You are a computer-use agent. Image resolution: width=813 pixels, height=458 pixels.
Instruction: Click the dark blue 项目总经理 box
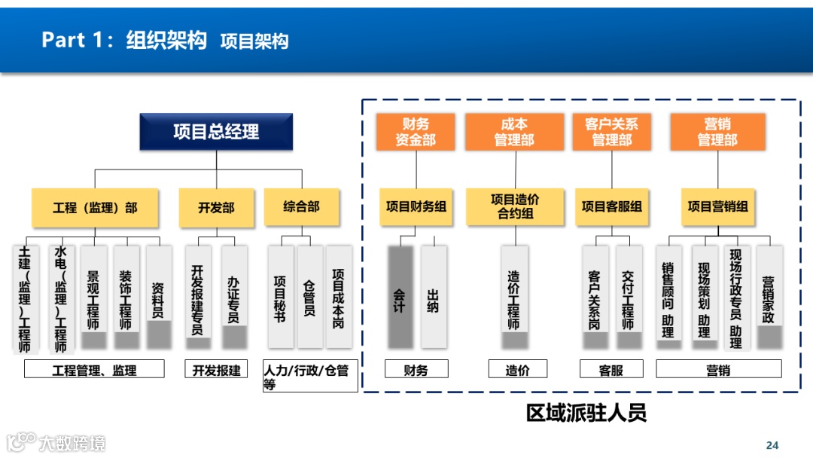pyautogui.click(x=216, y=132)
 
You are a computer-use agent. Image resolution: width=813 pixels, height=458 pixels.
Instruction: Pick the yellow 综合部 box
pyautogui.click(x=301, y=207)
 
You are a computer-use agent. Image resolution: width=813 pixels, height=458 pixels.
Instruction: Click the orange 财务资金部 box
pyautogui.click(x=416, y=132)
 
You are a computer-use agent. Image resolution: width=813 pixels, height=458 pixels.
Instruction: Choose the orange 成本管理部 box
pyautogui.click(x=514, y=132)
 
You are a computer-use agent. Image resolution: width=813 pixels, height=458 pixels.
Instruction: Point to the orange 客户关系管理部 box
pyautogui.click(x=611, y=132)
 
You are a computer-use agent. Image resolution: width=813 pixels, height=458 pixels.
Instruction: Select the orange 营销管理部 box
pyautogui.click(x=717, y=132)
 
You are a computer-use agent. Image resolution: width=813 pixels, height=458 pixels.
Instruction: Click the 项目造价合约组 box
pyautogui.click(x=515, y=206)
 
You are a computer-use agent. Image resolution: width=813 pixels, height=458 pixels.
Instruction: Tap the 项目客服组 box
pyautogui.click(x=611, y=206)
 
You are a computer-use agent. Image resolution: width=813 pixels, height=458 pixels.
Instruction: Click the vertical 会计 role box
pyautogui.click(x=400, y=296)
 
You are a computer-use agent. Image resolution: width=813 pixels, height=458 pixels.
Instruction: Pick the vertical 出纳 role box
pyautogui.click(x=433, y=296)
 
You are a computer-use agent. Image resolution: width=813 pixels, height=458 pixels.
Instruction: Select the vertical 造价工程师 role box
pyautogui.click(x=514, y=296)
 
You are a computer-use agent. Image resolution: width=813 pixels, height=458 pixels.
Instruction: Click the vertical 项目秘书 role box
pyautogui.click(x=280, y=296)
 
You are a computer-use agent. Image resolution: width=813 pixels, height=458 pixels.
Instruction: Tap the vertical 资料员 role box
pyautogui.click(x=158, y=296)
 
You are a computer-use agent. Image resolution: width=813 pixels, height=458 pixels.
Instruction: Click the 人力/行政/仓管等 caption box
pyautogui.click(x=308, y=377)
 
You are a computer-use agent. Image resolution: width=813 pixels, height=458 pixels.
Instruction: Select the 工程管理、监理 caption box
pyautogui.click(x=94, y=369)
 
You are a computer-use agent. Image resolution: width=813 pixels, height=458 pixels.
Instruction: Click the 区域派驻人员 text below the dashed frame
pyautogui.click(x=586, y=414)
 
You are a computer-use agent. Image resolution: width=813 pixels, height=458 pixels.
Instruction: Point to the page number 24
pyautogui.click(x=772, y=444)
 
